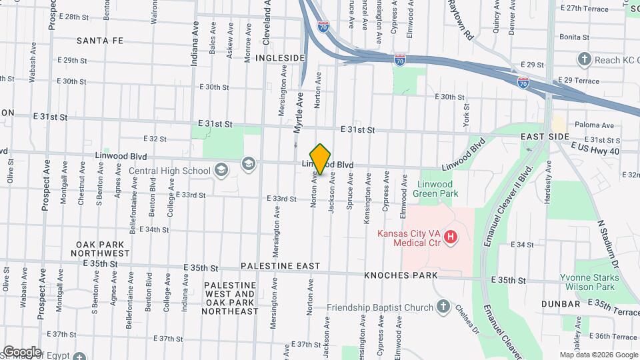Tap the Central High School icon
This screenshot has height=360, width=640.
click(x=221, y=171)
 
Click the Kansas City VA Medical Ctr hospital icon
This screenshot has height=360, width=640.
click(x=451, y=237)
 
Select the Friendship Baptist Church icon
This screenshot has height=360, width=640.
click(x=443, y=307)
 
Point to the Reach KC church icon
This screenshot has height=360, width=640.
click(x=585, y=60)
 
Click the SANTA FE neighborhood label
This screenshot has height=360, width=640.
click(x=100, y=41)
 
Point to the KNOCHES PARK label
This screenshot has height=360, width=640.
click(x=401, y=275)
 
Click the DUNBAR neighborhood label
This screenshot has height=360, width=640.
click(x=561, y=304)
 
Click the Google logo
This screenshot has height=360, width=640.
click(x=21, y=351)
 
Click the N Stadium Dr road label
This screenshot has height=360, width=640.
click(x=608, y=244)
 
